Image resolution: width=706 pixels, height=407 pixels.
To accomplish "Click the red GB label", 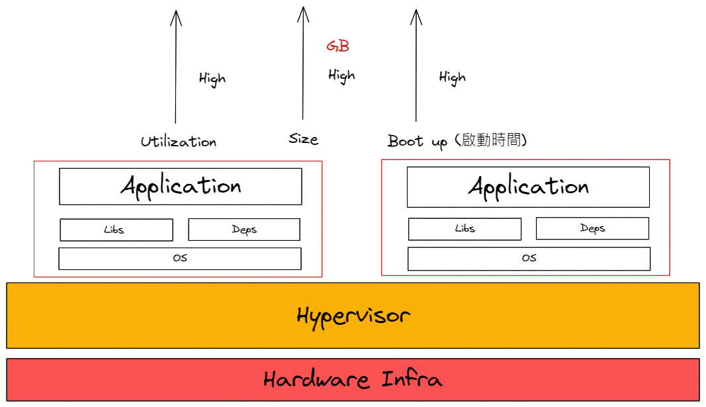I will point(337,46).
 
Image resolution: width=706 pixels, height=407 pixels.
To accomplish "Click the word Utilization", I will point(178,142).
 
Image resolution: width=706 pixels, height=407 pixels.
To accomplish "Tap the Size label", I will point(303,139).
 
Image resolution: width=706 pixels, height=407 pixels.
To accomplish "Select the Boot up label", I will point(417,142).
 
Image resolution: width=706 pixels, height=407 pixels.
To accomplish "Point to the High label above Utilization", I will point(212,79).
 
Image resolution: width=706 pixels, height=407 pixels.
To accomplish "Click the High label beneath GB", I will point(341,75).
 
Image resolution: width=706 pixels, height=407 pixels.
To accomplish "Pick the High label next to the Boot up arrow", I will point(452,77).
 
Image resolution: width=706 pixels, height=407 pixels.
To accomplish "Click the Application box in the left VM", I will point(180,186).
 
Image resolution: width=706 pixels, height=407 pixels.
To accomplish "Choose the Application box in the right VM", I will point(528,187).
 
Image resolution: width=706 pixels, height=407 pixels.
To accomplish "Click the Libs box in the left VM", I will point(116,230).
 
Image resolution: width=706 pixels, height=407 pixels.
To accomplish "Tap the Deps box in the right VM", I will point(592,228).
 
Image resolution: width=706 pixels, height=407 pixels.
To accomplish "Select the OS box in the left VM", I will point(179,258).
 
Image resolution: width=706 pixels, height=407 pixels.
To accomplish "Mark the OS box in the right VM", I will point(529,258).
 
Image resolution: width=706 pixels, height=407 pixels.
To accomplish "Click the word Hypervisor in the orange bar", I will point(353,316).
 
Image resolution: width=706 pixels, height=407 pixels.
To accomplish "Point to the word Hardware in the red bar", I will point(316,380).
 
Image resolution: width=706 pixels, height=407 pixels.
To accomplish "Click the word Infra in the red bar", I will point(412,380).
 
